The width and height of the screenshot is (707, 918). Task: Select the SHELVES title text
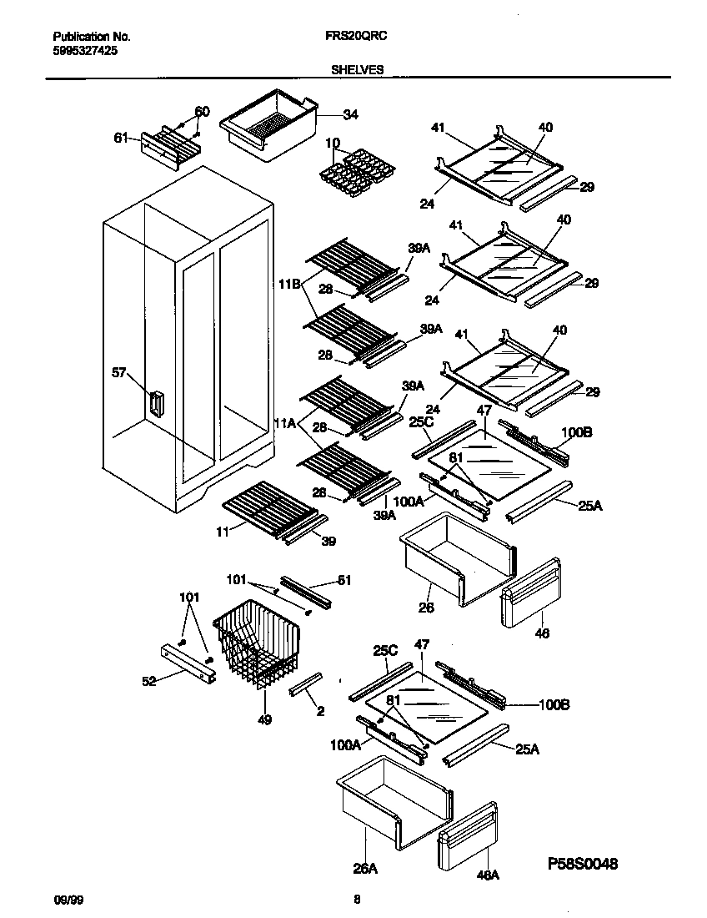358,70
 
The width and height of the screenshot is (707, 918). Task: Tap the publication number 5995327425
84,50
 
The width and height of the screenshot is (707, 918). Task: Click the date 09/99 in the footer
64,900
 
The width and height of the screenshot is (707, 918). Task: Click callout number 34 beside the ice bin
350,114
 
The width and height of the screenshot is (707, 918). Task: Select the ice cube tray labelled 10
357,169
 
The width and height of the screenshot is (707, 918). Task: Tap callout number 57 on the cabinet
119,372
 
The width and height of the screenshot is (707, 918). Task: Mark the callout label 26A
365,869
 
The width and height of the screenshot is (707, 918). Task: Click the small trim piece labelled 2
303,685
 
